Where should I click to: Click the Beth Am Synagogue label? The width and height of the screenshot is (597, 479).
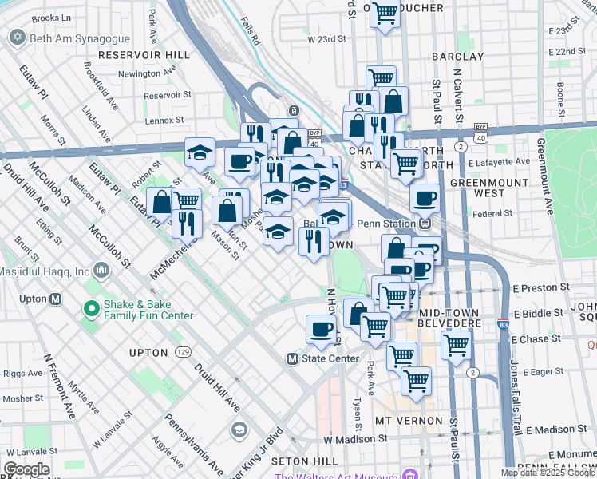[x=68, y=38]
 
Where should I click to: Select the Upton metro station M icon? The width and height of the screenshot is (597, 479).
[x=55, y=299]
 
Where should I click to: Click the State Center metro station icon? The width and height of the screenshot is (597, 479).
[x=292, y=359]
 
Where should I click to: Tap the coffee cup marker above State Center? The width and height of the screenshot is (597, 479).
[x=322, y=330]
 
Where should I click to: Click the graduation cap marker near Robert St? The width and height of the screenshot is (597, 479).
[x=200, y=152]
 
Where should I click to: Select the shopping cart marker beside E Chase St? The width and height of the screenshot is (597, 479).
[x=456, y=345]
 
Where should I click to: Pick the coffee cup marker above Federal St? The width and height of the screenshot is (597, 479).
[x=425, y=197]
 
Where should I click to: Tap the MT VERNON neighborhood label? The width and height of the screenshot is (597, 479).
[x=408, y=420]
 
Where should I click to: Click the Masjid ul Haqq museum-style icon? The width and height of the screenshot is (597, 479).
[x=101, y=271]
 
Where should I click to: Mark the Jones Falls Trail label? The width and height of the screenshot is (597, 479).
[x=516, y=396]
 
